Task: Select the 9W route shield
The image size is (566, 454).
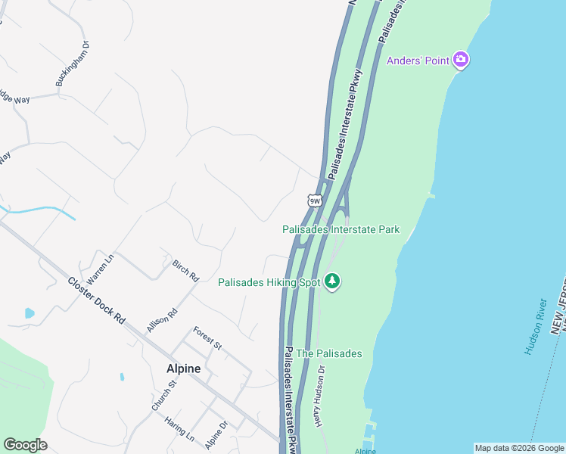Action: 315,201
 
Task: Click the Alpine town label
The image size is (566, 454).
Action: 184,368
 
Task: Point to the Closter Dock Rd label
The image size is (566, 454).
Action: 96,300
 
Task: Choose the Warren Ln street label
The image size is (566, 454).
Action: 99,268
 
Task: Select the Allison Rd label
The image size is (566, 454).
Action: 162,321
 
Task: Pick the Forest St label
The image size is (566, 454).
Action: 207,337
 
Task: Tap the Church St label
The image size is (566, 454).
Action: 163,395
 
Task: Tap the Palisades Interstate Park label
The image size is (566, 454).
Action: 341,229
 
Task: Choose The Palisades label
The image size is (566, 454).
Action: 329,353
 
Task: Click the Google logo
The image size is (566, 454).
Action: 25,445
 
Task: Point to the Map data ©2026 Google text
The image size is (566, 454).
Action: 518,448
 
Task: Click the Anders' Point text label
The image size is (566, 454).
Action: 418,61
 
